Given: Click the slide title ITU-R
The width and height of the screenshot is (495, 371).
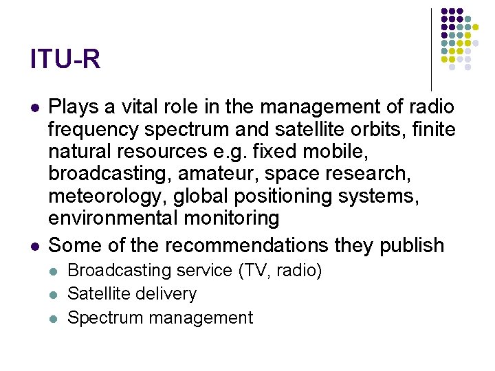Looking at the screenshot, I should [65, 59].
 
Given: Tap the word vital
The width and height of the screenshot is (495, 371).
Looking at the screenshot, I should [133, 107].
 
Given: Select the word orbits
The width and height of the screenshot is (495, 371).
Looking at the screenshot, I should [377, 129].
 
